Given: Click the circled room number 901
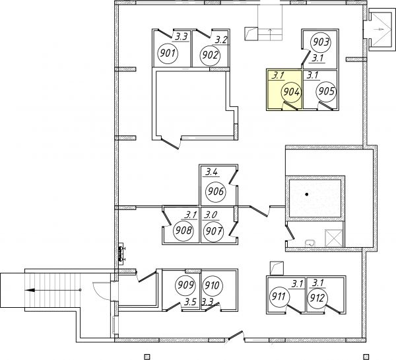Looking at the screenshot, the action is click(168, 54).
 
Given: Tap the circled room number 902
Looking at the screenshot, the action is click(210, 55).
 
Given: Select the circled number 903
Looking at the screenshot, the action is click(321, 42).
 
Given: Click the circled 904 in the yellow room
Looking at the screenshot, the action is click(292, 92).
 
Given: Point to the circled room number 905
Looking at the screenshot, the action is click(327, 91).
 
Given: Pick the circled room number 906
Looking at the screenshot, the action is click(216, 192).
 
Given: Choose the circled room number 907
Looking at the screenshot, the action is click(213, 231).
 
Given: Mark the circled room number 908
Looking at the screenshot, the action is click(183, 231).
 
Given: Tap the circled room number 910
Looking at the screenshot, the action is click(212, 285).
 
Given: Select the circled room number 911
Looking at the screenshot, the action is click(279, 296).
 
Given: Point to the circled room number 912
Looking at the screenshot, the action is click(317, 299).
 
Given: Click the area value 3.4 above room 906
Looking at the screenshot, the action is click(211, 172).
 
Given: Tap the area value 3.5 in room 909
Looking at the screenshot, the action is click(190, 302).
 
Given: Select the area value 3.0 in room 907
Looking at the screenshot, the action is click(211, 215).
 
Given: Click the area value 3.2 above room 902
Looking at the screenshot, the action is click(221, 40).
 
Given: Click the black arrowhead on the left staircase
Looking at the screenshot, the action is click(30, 290).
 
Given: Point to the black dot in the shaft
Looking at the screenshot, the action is click(307, 194).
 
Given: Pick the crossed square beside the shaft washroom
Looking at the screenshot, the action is click(333, 238).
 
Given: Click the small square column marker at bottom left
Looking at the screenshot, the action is click(147, 357).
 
